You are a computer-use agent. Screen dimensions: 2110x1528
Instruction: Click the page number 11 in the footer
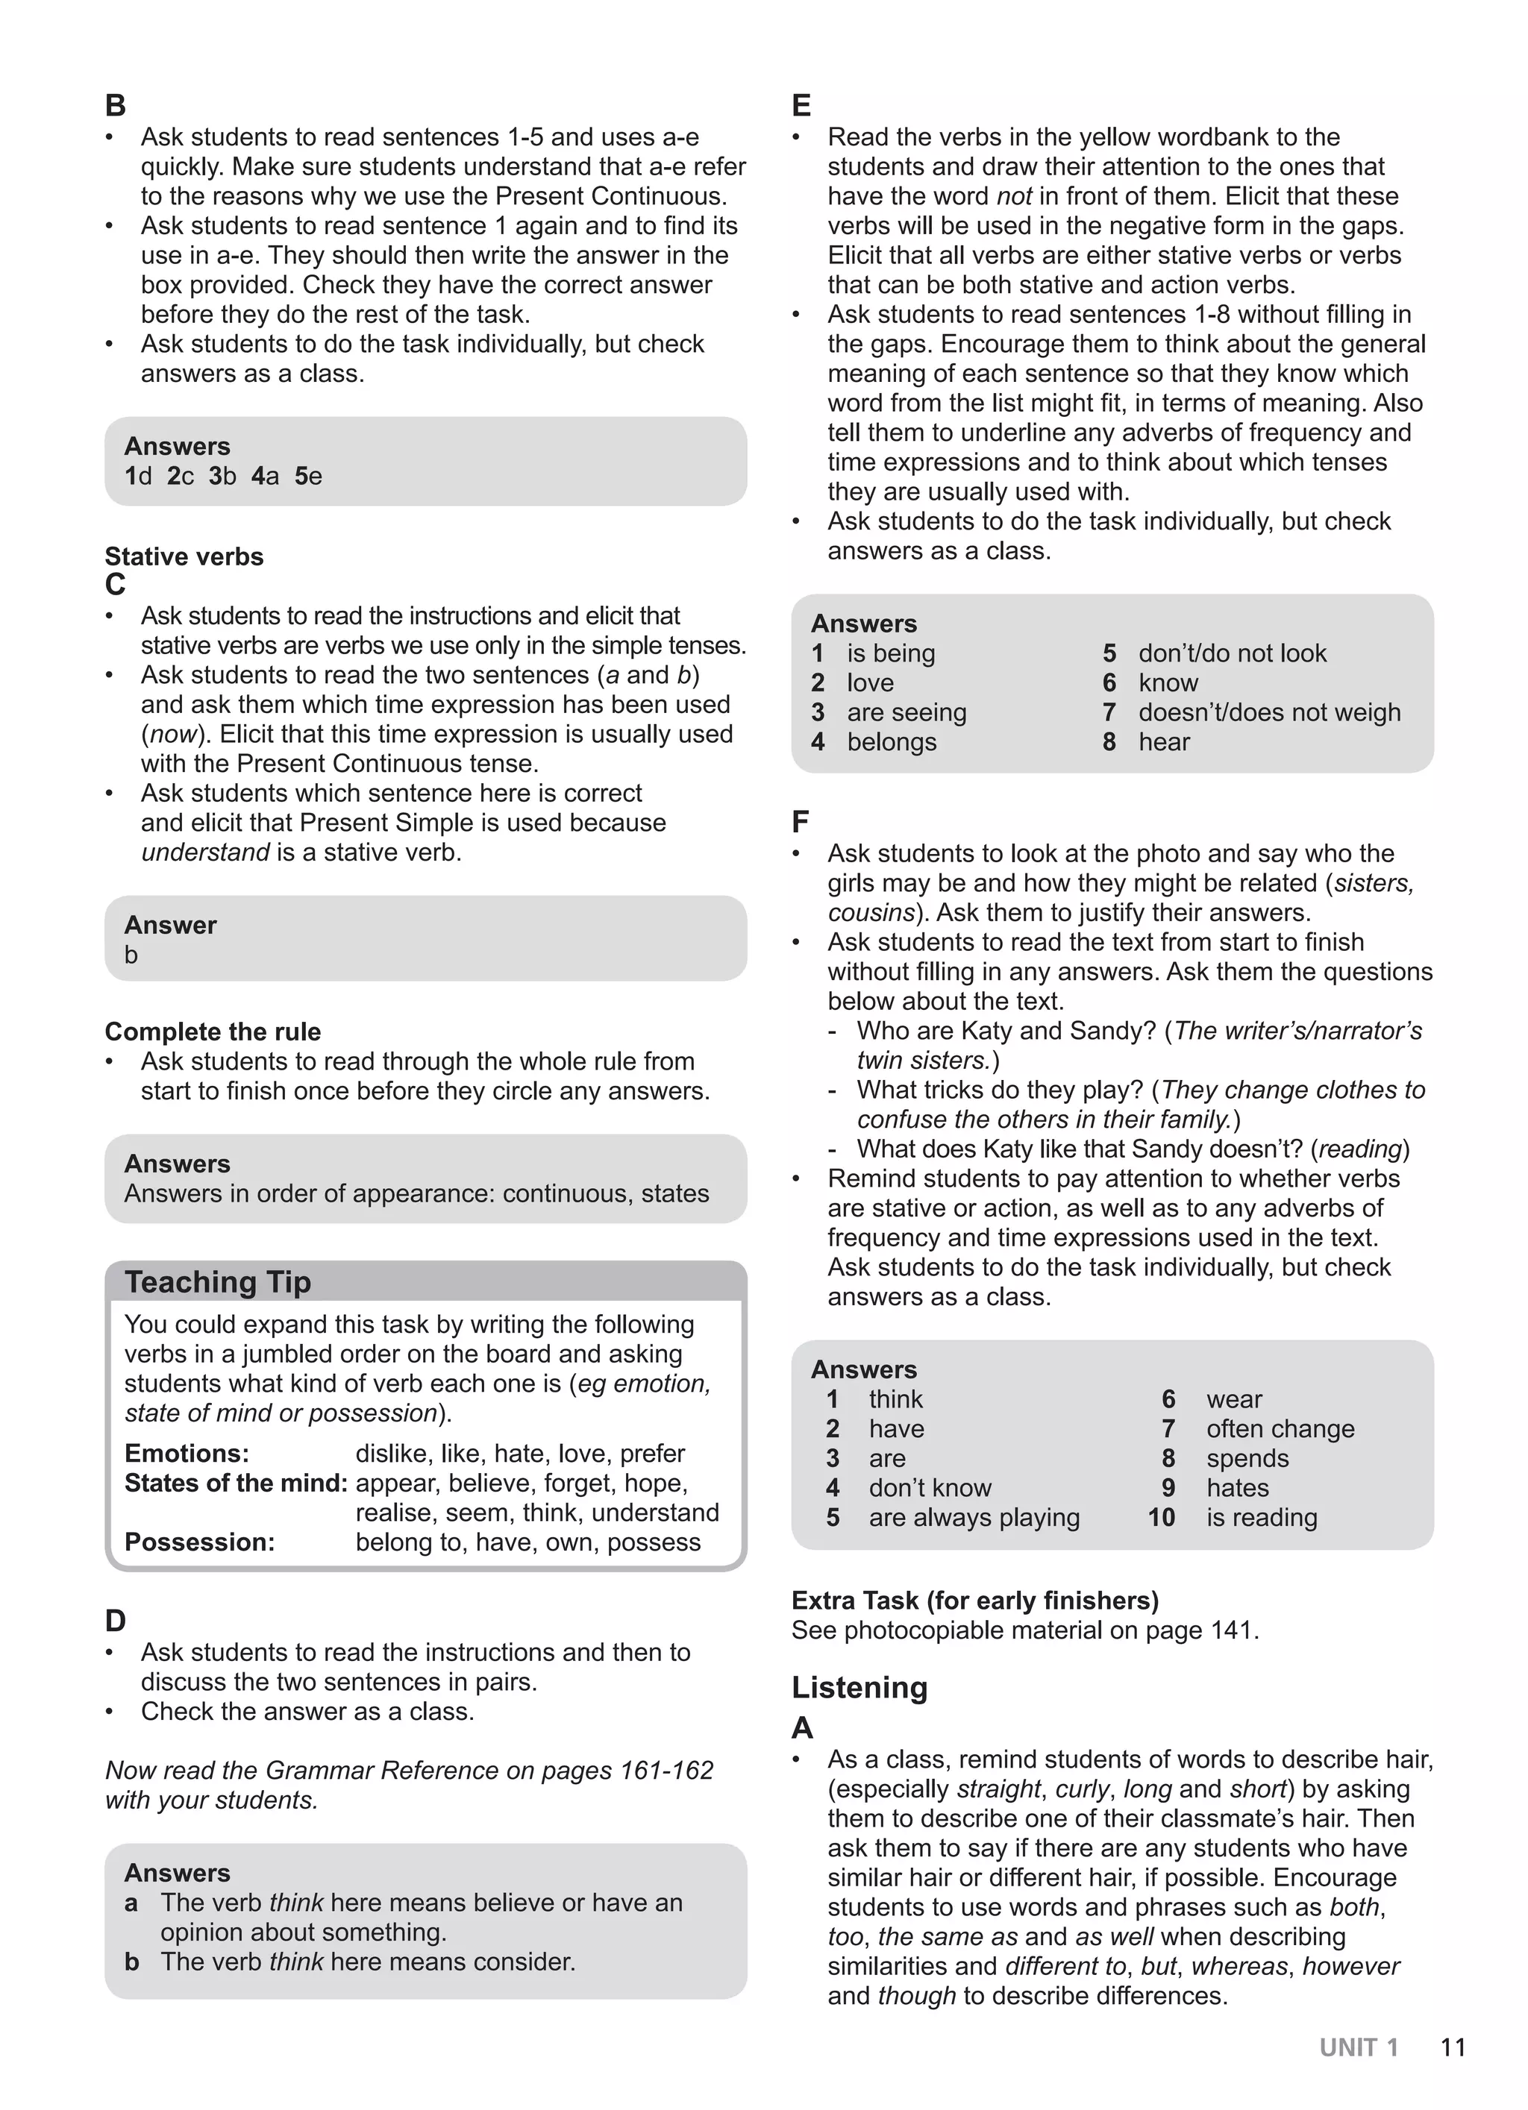[1453, 2047]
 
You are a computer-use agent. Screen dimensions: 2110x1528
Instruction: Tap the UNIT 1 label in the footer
[1358, 2047]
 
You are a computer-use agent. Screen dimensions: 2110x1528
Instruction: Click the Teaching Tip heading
[218, 1281]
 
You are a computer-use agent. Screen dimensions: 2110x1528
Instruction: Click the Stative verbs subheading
[184, 556]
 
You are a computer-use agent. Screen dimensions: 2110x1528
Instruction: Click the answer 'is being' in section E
[891, 653]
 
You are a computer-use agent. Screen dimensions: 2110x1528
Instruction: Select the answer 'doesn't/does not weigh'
[1268, 712]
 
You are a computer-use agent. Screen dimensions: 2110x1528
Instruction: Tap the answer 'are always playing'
[974, 1517]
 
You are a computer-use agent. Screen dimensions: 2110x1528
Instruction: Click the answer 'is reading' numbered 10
[1261, 1517]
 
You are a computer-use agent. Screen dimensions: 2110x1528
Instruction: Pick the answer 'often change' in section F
[1280, 1428]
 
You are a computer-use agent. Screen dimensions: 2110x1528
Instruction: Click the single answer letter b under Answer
[131, 955]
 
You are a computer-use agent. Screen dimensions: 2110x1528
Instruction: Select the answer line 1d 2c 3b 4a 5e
[223, 477]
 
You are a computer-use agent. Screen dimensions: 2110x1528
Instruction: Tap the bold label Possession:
[199, 1542]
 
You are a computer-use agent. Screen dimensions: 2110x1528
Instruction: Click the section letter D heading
[116, 1621]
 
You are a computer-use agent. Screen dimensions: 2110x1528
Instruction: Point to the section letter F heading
[801, 821]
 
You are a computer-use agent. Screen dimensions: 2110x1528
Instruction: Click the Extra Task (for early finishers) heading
[974, 1600]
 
